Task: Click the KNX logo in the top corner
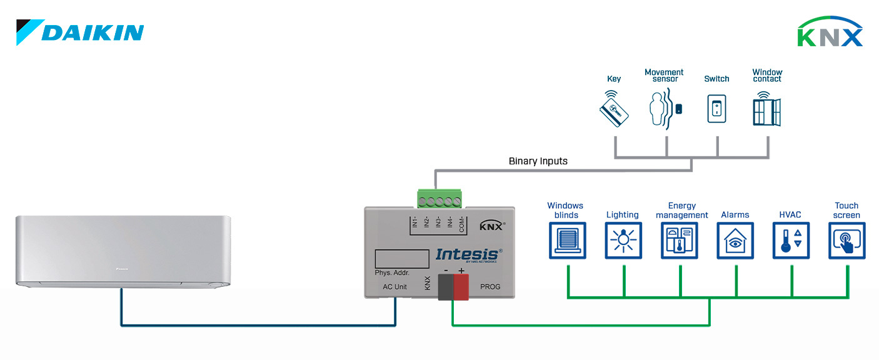830,32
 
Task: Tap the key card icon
614,110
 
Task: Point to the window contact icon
767,109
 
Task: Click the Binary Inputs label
538,161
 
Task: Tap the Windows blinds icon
567,241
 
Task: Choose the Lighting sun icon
623,241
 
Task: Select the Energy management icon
680,241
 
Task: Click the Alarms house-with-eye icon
735,241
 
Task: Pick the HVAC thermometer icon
791,241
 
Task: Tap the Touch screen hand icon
847,241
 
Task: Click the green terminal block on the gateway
441,199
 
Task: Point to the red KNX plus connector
461,287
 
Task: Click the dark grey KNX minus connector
446,287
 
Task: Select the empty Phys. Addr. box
401,259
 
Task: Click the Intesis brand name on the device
468,254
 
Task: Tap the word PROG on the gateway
490,287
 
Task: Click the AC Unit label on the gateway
394,287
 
